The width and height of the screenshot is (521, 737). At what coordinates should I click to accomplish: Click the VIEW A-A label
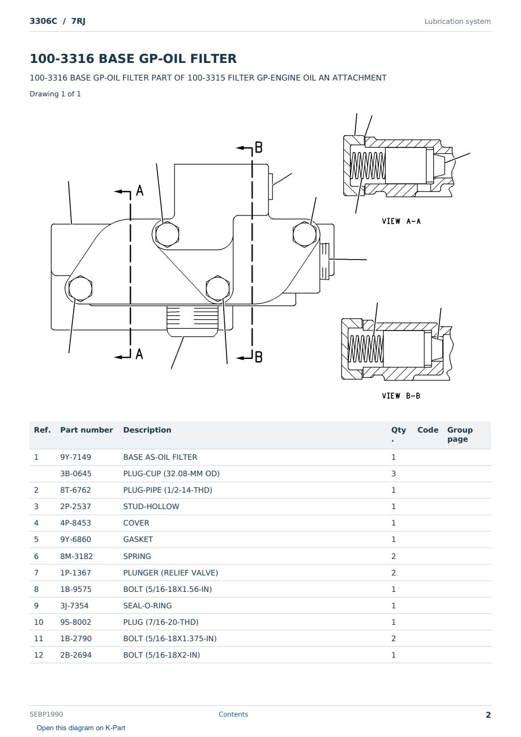[401, 221]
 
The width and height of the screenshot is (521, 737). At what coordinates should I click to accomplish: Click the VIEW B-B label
[401, 396]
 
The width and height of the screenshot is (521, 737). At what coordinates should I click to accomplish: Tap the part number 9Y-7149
[76, 457]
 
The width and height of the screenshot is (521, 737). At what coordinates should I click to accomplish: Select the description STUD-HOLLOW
[151, 506]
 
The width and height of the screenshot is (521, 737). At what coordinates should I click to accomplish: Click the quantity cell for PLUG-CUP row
[394, 473]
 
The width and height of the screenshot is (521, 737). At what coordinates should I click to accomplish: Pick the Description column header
[147, 430]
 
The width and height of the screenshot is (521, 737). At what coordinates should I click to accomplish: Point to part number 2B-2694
[76, 655]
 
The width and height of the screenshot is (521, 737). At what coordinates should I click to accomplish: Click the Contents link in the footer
[233, 714]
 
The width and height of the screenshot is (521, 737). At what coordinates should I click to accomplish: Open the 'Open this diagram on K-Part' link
[81, 728]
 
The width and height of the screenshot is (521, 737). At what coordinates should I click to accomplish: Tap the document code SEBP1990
[46, 714]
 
